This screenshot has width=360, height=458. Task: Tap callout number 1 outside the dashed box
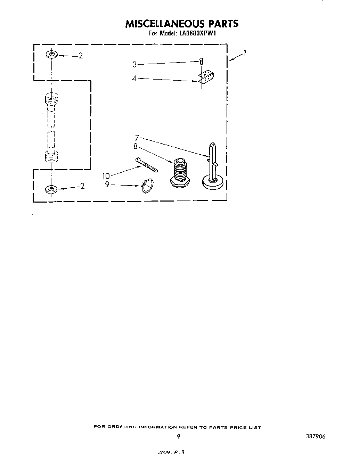pyautogui.click(x=245, y=53)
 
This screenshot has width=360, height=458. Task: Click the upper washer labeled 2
pyautogui.click(x=51, y=55)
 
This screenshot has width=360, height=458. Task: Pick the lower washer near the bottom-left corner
pyautogui.click(x=51, y=189)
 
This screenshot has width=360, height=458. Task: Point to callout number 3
pyautogui.click(x=134, y=64)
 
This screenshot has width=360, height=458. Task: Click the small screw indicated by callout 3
pyautogui.click(x=201, y=62)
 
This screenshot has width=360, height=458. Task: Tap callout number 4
pyautogui.click(x=134, y=79)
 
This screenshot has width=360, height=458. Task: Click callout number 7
pyautogui.click(x=137, y=138)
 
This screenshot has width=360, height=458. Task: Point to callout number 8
pyautogui.click(x=135, y=146)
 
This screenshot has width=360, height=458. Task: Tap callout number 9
pyautogui.click(x=107, y=185)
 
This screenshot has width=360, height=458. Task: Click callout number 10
pyautogui.click(x=106, y=176)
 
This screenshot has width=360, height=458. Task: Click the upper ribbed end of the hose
pyautogui.click(x=51, y=99)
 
